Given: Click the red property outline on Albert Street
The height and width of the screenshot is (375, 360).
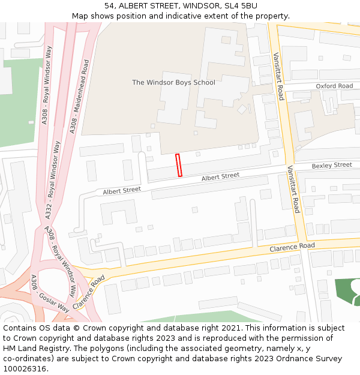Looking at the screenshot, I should tap(178, 165).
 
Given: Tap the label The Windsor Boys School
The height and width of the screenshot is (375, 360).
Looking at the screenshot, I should tap(173, 82).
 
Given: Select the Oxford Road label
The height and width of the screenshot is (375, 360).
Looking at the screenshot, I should tap(334, 86).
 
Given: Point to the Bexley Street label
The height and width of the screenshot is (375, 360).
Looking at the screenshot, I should tap(332, 165).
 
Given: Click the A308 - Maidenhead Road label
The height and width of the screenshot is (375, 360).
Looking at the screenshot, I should tap(79, 96).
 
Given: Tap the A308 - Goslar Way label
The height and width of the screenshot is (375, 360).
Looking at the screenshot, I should tap(50, 294).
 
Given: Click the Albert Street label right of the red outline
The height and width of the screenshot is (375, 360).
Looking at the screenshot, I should tap(220, 176).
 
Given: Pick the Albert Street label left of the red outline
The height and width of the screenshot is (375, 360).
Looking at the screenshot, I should tap(122, 190).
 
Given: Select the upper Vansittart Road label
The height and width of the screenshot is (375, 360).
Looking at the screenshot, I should tap(278, 76).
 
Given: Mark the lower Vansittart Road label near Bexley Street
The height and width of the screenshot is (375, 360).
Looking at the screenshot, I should tap(293, 189).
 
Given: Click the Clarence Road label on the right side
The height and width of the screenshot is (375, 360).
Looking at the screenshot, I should tap(292, 247).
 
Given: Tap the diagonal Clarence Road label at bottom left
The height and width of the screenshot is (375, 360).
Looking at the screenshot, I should tap(89, 292).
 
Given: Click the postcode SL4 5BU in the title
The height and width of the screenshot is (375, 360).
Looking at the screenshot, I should tap(241, 5).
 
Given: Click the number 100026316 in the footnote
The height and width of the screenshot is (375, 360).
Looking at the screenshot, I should tap(25, 368).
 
